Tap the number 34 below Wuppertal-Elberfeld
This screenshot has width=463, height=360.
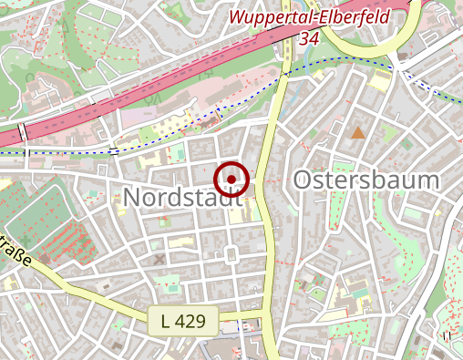click(x=309, y=38)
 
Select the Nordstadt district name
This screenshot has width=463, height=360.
click(x=178, y=196)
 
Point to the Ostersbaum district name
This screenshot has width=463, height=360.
click(x=366, y=180)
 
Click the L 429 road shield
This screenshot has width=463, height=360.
click(x=183, y=320)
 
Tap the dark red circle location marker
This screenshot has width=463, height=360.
click(x=232, y=179)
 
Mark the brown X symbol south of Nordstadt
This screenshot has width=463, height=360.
click(x=160, y=260)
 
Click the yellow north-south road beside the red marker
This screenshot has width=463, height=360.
click(x=270, y=210)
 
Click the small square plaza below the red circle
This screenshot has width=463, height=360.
click(x=231, y=253)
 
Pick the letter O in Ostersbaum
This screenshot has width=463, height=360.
click(x=304, y=180)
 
